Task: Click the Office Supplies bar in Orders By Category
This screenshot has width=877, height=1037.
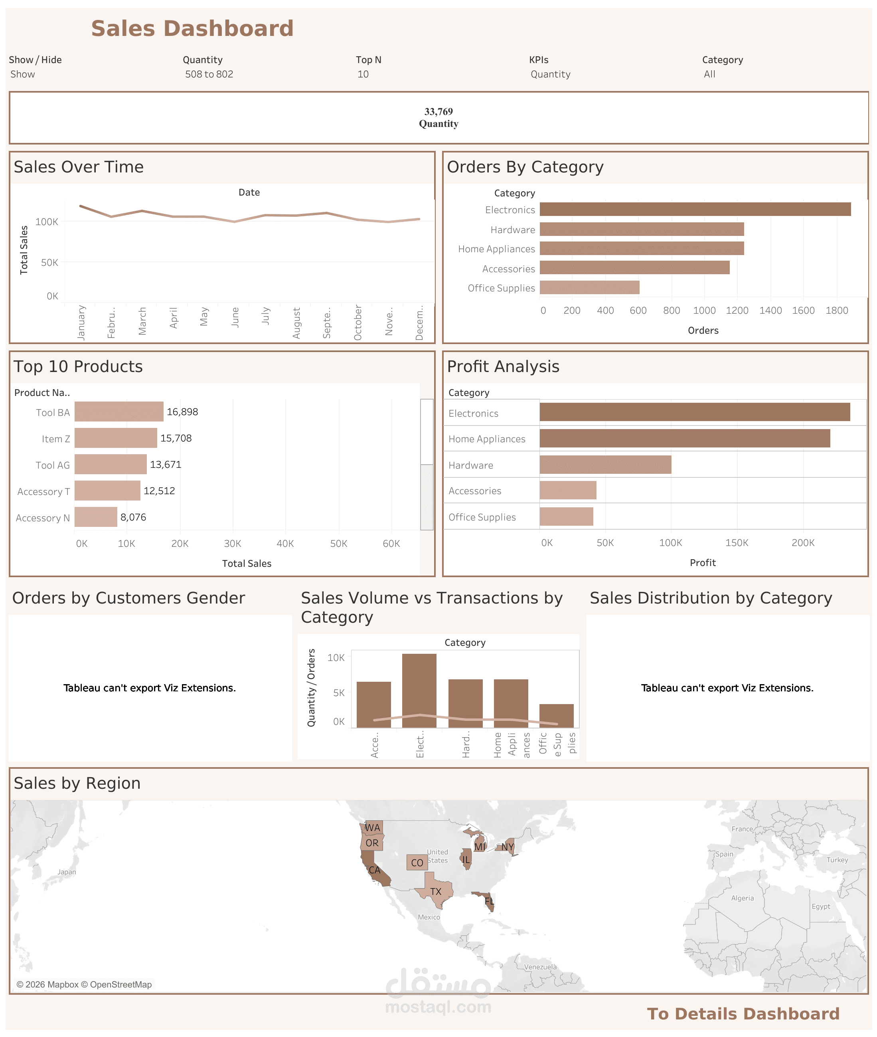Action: (589, 287)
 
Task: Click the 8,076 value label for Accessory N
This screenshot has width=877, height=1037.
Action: (133, 517)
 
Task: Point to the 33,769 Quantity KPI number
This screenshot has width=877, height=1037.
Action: (438, 111)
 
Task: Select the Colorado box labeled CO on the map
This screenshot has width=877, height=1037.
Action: (417, 863)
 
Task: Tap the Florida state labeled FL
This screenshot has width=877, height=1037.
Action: (489, 901)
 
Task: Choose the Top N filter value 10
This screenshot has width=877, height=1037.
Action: (363, 74)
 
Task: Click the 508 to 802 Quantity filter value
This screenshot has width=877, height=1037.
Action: (209, 74)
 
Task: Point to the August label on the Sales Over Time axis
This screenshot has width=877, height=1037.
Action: (297, 323)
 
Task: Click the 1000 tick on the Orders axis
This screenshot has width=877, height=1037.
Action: (704, 311)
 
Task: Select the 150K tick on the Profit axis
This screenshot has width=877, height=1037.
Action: (736, 542)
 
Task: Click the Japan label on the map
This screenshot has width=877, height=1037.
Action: (67, 872)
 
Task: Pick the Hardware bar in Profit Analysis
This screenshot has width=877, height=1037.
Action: (605, 465)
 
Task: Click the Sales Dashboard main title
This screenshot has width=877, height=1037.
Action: (192, 28)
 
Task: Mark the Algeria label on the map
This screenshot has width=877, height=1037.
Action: (742, 898)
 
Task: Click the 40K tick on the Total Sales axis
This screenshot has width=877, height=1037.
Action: (285, 544)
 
